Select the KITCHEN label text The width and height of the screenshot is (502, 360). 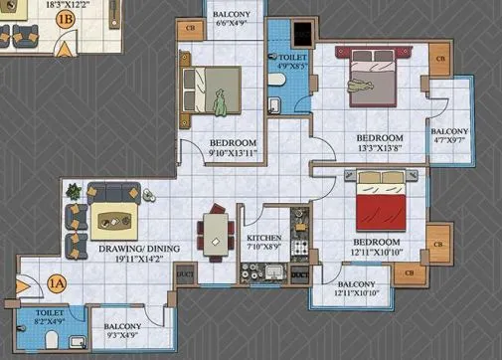tap(263, 239)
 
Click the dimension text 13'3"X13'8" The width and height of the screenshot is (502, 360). tap(380, 148)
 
